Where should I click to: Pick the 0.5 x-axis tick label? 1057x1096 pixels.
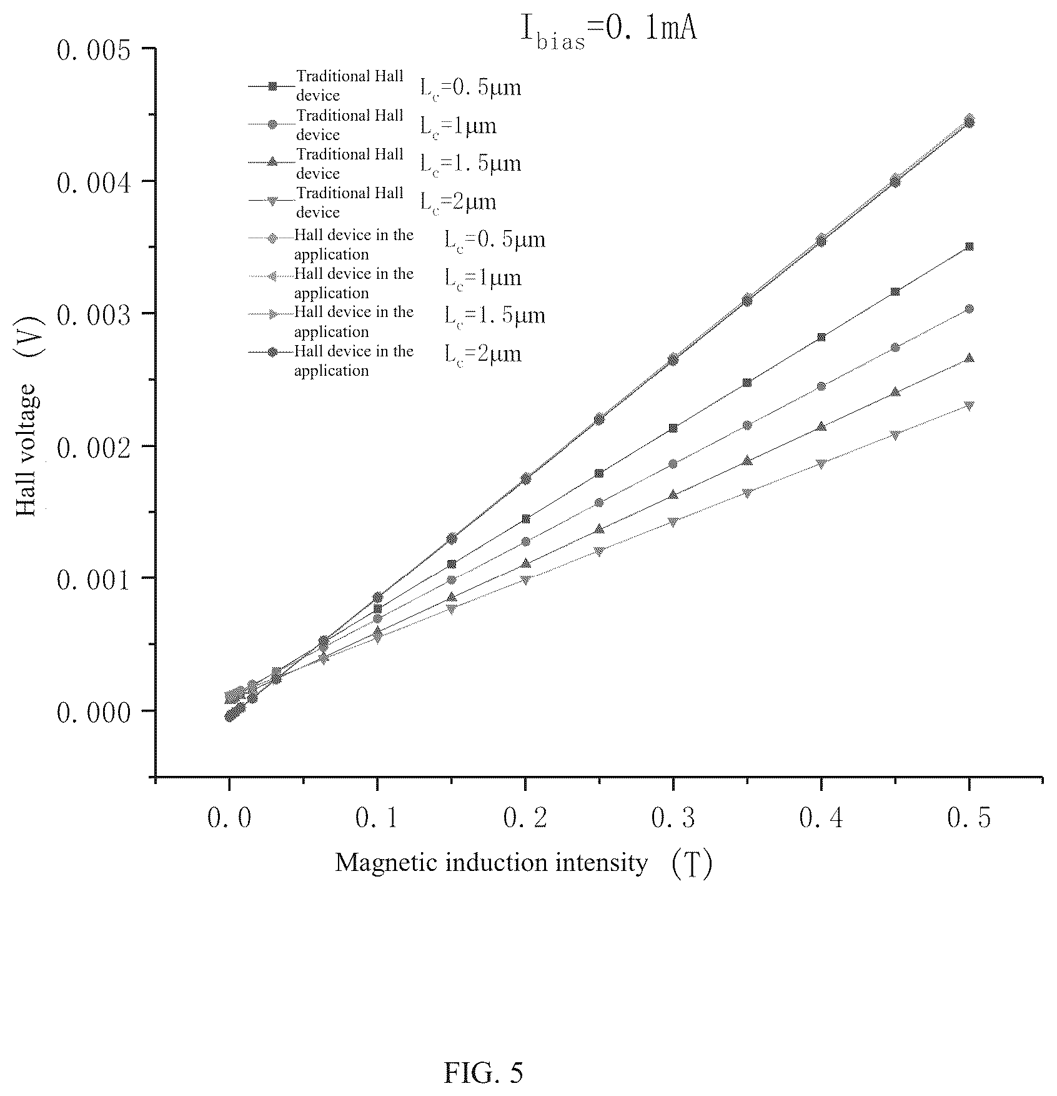tap(969, 818)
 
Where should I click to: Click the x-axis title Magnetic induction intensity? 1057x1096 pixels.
tap(491, 863)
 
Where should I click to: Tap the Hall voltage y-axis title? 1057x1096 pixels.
tap(26, 450)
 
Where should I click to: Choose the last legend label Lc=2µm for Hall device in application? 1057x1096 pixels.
tap(483, 355)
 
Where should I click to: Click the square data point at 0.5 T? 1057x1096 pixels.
tap(969, 247)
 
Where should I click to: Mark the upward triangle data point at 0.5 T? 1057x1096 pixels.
tap(969, 358)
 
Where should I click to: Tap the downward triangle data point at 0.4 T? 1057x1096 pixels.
tap(821, 463)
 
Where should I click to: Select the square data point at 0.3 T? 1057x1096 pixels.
tap(673, 428)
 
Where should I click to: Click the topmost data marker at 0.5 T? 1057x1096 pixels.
tap(969, 121)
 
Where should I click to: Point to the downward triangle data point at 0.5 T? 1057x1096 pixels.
tap(969, 406)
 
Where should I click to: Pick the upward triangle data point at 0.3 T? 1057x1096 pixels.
tap(673, 495)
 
